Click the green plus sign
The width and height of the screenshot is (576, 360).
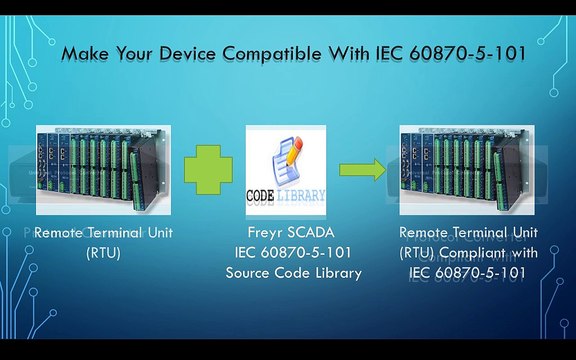[208, 170]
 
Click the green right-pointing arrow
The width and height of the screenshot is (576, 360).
[363, 170]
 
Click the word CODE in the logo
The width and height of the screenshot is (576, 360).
[260, 196]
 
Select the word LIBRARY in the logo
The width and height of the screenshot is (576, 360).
[300, 195]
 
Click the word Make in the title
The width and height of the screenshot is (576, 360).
[85, 54]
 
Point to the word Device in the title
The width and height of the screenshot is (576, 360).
[187, 54]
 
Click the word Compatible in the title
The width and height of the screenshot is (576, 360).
[272, 54]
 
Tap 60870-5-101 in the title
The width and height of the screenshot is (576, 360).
[468, 54]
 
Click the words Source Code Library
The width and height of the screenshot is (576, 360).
[294, 273]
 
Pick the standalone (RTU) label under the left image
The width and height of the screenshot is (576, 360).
[103, 253]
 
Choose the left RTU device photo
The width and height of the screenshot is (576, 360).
[103, 170]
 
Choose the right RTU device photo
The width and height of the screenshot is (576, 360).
[467, 170]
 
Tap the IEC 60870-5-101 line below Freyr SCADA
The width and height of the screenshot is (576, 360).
[293, 253]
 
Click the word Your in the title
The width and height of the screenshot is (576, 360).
[134, 54]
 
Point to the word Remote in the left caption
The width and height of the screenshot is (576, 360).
[58, 233]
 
